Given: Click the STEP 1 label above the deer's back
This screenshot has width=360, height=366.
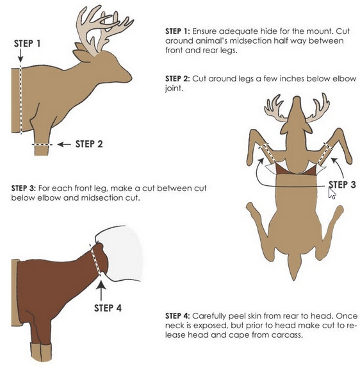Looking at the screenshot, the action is point(27,44).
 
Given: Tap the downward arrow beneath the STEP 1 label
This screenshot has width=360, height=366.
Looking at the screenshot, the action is point(20,56).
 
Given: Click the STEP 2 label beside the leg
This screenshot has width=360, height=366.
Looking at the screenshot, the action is point(89,144).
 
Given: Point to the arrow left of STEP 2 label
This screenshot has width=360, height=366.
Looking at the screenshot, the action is point(64,144).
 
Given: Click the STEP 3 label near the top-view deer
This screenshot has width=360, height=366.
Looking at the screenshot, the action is point(342,185).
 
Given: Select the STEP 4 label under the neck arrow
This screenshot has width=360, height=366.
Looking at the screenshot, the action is point(108,308).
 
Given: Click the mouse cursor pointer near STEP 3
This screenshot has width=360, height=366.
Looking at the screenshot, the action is point(332,194).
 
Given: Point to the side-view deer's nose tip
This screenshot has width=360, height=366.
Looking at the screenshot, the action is point(130,78).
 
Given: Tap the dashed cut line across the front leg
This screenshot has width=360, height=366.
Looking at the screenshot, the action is point(42,144).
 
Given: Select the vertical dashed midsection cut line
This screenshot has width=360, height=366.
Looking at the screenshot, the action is point(20,99).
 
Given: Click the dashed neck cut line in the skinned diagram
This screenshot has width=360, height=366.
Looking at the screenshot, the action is point(95,260).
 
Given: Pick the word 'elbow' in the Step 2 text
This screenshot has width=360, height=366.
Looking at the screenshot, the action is point(344,79).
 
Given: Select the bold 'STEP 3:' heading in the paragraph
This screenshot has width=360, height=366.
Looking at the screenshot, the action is point(24,188).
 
